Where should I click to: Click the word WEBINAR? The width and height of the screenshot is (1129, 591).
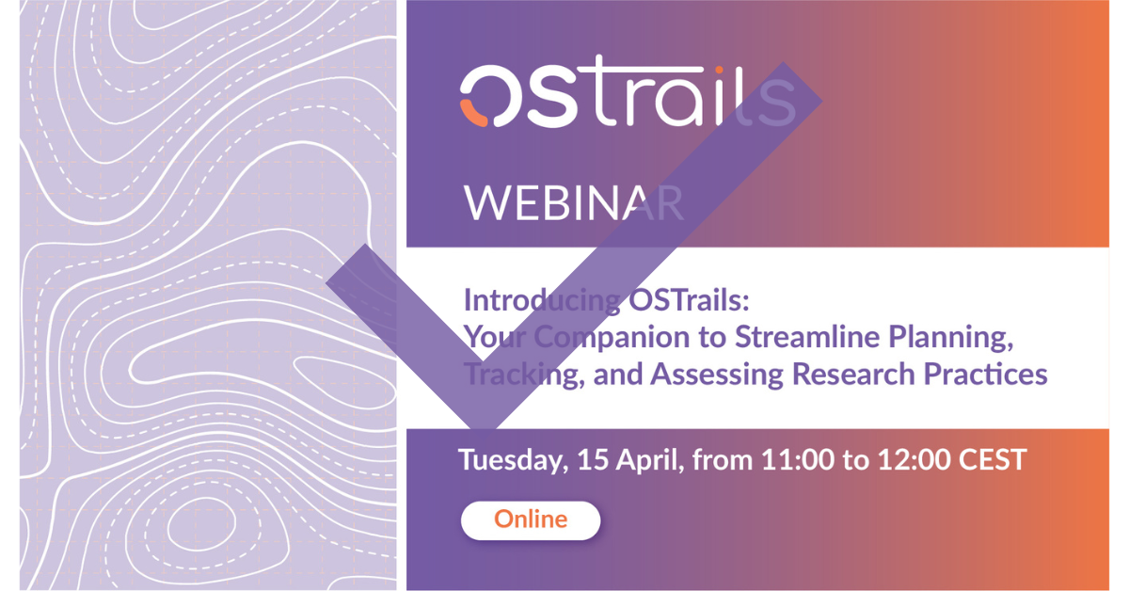(574, 202)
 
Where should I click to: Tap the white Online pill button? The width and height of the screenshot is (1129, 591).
(531, 520)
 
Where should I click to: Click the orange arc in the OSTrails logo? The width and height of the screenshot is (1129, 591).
(471, 115)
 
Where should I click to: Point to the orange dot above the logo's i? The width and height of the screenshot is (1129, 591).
(719, 70)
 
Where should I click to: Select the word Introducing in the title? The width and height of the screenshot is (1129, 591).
(542, 300)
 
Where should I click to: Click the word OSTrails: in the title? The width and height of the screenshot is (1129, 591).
(689, 299)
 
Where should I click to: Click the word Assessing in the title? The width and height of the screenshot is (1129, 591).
(717, 375)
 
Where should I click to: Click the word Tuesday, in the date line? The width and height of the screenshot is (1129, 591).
(513, 460)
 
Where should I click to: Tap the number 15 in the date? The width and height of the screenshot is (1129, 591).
(593, 459)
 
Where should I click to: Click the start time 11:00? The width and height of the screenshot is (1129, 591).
(798, 459)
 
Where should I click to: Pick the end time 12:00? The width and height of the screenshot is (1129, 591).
(914, 459)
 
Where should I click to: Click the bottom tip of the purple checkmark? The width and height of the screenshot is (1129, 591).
(483, 429)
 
